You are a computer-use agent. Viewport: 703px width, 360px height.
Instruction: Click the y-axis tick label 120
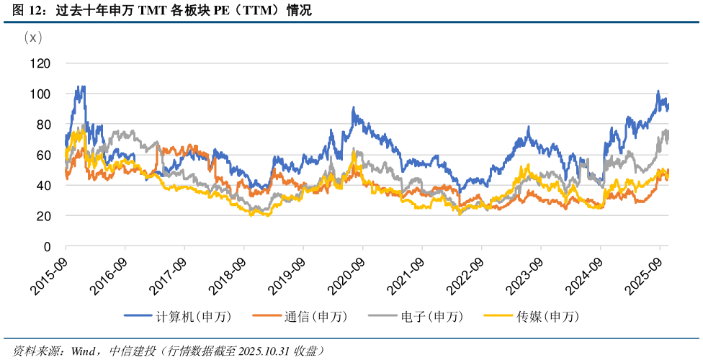[40, 63]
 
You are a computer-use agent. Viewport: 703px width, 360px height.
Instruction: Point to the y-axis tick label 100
[40, 94]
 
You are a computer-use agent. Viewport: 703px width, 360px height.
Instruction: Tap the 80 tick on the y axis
[43, 125]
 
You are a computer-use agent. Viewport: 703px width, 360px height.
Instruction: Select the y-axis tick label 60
[43, 155]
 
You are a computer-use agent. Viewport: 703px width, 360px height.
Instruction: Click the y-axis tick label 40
[43, 186]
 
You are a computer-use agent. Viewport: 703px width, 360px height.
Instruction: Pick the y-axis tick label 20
[43, 216]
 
